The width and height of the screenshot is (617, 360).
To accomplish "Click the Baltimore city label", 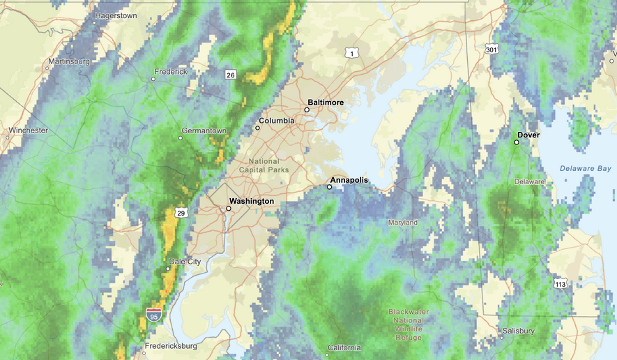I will (x=326, y=103).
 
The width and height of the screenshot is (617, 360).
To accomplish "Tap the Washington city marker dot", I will (x=229, y=208).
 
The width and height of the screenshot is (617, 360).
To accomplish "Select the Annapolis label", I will (x=349, y=180).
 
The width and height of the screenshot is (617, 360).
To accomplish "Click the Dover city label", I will (x=528, y=135).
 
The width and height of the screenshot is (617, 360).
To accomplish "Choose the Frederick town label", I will (x=171, y=71).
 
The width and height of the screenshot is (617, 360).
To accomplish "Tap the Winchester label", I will (x=28, y=130).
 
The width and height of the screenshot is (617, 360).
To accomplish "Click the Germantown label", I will (x=204, y=130).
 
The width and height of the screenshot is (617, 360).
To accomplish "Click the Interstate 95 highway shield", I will (x=154, y=315).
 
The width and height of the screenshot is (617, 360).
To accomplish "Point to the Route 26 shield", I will (x=230, y=75).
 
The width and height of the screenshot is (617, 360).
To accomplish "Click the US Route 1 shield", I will (x=353, y=53).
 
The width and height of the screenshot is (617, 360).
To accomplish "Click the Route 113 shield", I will (x=561, y=283).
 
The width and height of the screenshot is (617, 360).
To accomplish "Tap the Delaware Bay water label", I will (x=586, y=168).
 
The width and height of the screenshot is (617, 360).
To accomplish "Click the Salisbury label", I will (x=518, y=331).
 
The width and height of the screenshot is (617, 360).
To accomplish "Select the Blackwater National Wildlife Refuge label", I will (x=409, y=324).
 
